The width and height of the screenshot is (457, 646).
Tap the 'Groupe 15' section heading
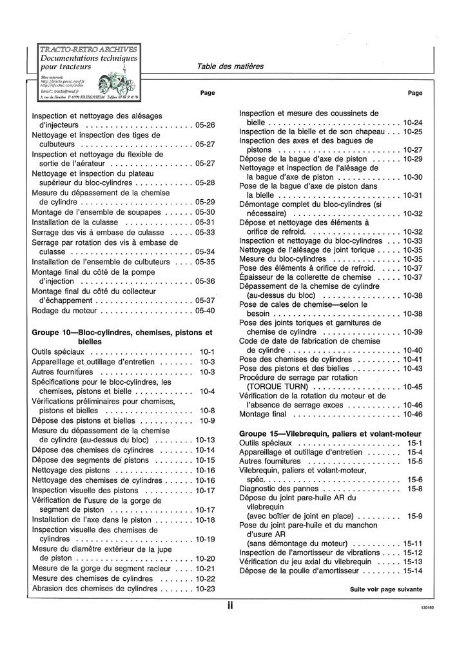click(330, 433)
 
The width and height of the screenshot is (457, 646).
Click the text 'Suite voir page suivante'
click(386, 589)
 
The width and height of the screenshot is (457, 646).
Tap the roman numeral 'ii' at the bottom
click(229, 605)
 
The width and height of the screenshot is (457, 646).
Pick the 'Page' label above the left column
click(207, 93)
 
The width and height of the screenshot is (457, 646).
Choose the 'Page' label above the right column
click(415, 93)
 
